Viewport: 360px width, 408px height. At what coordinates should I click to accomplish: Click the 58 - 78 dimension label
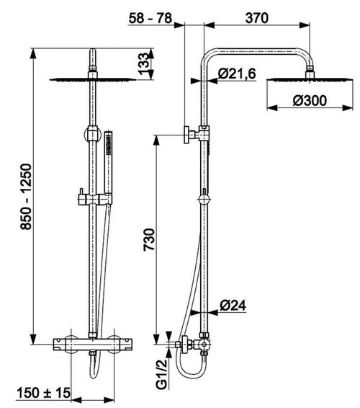click(150, 18)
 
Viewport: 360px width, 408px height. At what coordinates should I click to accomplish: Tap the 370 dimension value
click(256, 18)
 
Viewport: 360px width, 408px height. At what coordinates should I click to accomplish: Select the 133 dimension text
click(143, 63)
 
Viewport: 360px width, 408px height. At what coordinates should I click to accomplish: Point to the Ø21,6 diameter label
click(237, 74)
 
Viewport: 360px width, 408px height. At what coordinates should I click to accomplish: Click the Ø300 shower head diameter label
click(310, 101)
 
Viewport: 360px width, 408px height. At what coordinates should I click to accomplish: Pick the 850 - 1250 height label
click(26, 197)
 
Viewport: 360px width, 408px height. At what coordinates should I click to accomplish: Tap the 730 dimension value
click(149, 239)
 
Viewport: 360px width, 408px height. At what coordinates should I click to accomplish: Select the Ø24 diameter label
click(233, 305)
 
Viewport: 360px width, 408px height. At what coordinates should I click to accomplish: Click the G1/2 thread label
click(162, 373)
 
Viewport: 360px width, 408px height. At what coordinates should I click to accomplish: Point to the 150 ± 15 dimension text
click(44, 393)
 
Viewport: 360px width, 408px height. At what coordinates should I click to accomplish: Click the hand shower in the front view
click(108, 163)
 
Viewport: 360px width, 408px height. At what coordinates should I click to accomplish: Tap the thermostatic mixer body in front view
click(93, 345)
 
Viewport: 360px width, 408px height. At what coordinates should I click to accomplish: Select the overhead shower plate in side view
click(310, 79)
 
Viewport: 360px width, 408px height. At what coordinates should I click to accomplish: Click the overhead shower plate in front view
click(93, 79)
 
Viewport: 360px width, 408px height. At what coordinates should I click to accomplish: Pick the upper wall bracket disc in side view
click(186, 135)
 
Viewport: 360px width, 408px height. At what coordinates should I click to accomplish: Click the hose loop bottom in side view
click(191, 376)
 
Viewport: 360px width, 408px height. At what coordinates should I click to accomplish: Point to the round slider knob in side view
click(204, 200)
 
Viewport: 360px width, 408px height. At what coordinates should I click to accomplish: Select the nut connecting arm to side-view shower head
click(310, 68)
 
